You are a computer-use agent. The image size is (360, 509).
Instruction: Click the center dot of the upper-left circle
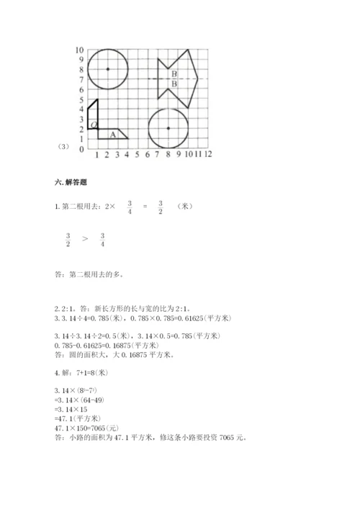pyautogui.click(x=107, y=69)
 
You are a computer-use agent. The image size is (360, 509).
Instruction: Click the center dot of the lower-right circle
pyautogui.click(x=168, y=128)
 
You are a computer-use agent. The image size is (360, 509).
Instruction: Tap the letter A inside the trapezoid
pyautogui.click(x=112, y=134)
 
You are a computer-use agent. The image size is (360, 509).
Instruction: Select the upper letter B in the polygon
pyautogui.click(x=174, y=74)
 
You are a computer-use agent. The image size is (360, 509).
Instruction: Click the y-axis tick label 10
pyautogui.click(x=80, y=50)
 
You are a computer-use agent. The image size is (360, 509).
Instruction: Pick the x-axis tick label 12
pyautogui.click(x=207, y=155)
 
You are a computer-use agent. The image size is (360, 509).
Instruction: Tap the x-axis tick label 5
pyautogui.click(x=138, y=155)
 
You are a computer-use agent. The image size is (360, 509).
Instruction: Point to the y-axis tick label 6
pyautogui.click(x=81, y=89)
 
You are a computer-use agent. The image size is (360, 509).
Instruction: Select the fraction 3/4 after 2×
pyautogui.click(x=130, y=207)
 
